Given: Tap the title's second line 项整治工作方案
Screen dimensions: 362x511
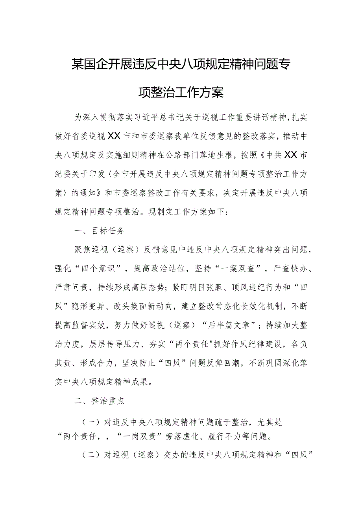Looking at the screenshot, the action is point(181,93).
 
